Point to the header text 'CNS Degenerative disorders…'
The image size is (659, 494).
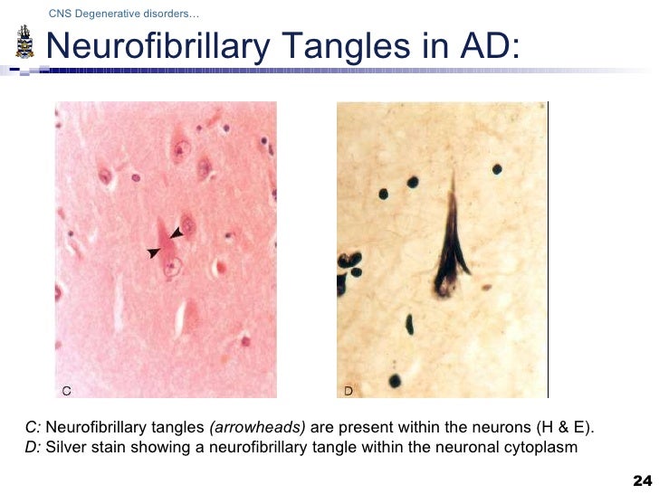tap(124, 14)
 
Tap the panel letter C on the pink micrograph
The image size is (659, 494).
tap(66, 390)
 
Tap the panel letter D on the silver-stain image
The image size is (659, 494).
tap(349, 390)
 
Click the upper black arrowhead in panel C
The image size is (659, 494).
tap(176, 233)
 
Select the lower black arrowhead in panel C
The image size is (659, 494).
tap(152, 254)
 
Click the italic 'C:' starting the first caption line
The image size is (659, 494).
tap(33, 427)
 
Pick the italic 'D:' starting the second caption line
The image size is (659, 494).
tap(33, 446)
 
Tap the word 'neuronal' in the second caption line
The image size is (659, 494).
tap(476, 446)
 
